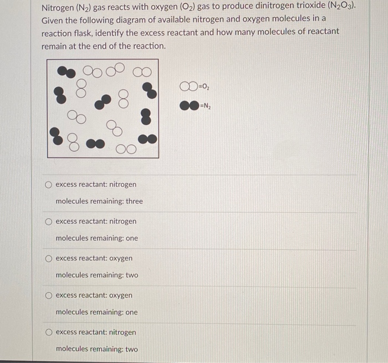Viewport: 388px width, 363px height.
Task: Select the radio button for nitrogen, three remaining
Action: point(49,185)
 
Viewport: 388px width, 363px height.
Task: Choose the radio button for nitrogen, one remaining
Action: point(49,222)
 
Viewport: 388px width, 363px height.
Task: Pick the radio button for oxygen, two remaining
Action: point(49,258)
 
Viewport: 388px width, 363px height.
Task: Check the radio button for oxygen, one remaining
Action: point(49,295)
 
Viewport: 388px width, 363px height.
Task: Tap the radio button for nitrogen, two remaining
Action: point(49,333)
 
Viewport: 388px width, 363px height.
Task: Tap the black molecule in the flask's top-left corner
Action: point(67,72)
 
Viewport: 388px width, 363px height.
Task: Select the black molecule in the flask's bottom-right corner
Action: point(147,139)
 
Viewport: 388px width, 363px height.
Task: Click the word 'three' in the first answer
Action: point(134,201)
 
